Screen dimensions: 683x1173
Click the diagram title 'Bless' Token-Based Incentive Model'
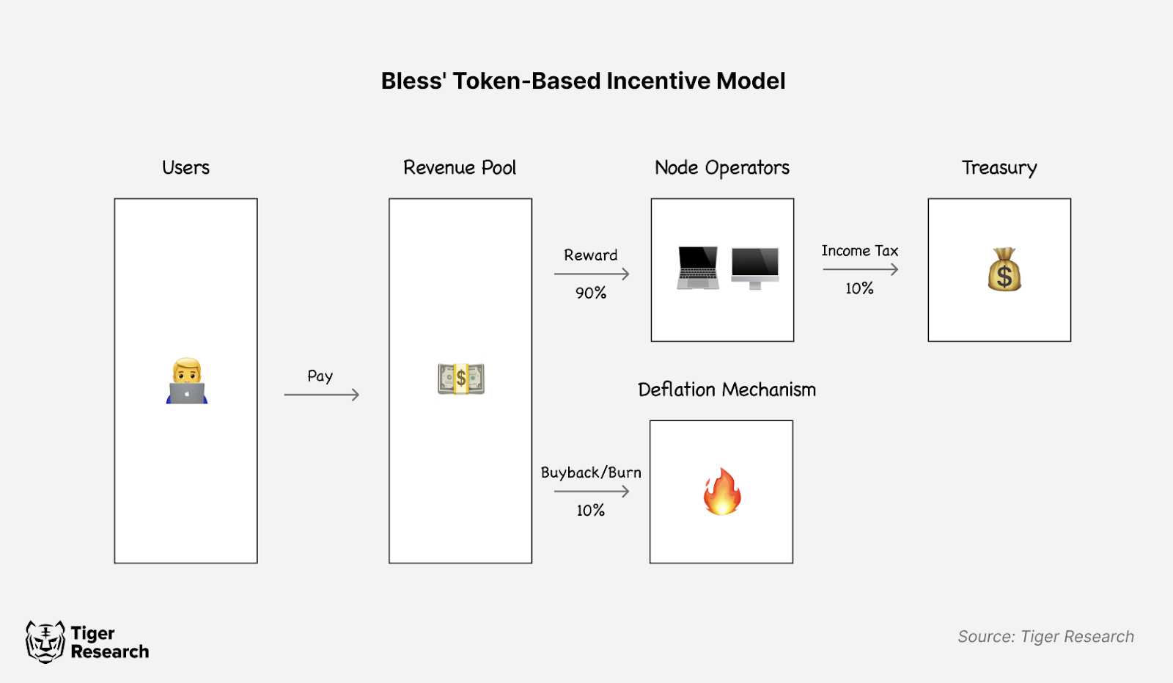pos(583,81)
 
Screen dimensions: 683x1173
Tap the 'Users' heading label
pos(185,168)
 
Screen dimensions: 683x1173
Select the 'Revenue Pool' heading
pos(460,168)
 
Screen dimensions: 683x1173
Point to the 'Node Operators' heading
pos(722,168)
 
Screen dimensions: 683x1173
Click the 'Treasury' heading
pos(999,168)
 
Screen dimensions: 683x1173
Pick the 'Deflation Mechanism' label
pos(727,390)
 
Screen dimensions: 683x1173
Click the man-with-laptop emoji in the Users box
pos(187,381)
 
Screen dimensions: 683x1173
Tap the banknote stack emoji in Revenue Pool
pos(461,379)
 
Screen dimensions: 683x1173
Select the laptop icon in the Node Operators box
pos(698,268)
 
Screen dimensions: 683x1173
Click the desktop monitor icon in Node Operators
pos(755,268)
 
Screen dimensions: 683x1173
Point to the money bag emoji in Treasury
pos(1004,270)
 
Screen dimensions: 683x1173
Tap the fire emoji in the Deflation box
pos(722,492)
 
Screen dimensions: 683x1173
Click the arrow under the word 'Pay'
pos(321,395)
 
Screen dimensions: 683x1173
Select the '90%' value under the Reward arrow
pos(591,293)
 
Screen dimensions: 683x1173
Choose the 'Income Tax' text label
pos(860,251)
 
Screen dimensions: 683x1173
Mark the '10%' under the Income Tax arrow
pos(859,288)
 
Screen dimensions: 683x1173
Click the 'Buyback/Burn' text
pos(591,472)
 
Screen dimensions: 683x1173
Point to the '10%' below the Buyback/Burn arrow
pos(590,511)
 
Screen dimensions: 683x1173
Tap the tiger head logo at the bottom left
pos(45,642)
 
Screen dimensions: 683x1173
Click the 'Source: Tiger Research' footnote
pos(1045,637)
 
